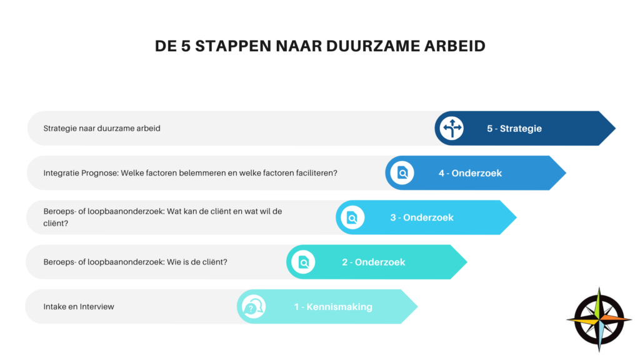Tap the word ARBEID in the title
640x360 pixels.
[455, 46]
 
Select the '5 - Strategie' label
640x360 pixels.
[514, 129]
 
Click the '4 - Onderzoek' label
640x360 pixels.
[470, 173]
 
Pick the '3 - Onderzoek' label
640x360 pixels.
[422, 217]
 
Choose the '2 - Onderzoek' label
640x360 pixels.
[374, 262]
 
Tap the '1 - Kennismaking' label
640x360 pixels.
[333, 306]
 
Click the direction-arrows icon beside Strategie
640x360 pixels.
[451, 128]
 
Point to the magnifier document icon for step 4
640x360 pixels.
[402, 172]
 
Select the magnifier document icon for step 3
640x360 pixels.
[352, 217]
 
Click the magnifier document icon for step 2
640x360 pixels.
[303, 262]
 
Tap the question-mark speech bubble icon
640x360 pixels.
[254, 306]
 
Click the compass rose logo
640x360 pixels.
[599, 319]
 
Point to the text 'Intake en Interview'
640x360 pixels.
[79, 306]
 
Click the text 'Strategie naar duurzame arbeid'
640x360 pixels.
[102, 128]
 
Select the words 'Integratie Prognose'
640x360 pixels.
[81, 173]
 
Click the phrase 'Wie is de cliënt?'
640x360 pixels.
[197, 262]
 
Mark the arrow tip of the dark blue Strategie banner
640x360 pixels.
[615, 128]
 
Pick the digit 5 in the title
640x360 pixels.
[186, 46]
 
